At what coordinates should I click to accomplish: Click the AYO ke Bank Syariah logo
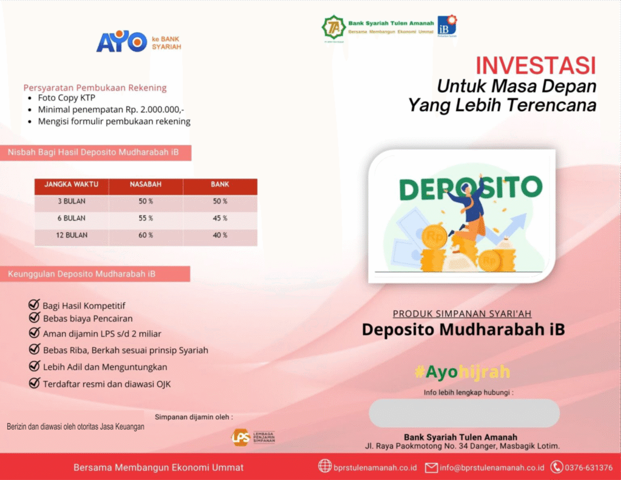point(139,42)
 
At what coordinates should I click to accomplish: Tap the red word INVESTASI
point(535,66)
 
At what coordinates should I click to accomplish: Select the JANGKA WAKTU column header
point(72,184)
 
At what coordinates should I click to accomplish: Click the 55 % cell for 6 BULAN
point(146,218)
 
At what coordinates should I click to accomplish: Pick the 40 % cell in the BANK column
point(220,235)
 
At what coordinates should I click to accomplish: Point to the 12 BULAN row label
point(72,235)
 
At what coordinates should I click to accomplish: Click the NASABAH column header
point(146,184)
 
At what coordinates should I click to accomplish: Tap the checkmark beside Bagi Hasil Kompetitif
point(34,305)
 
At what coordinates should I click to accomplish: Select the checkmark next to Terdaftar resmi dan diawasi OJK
point(34,383)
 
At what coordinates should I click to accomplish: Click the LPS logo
point(253,437)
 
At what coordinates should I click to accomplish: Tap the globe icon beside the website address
point(325,466)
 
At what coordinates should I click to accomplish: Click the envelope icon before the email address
point(431,468)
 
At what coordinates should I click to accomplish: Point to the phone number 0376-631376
point(588,468)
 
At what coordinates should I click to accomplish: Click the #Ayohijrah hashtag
point(462,372)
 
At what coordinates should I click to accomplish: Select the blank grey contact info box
point(464,413)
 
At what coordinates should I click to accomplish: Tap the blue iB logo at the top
point(447,25)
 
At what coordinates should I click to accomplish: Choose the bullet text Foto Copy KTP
point(67,98)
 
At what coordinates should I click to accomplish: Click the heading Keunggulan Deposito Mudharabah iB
point(82,274)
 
